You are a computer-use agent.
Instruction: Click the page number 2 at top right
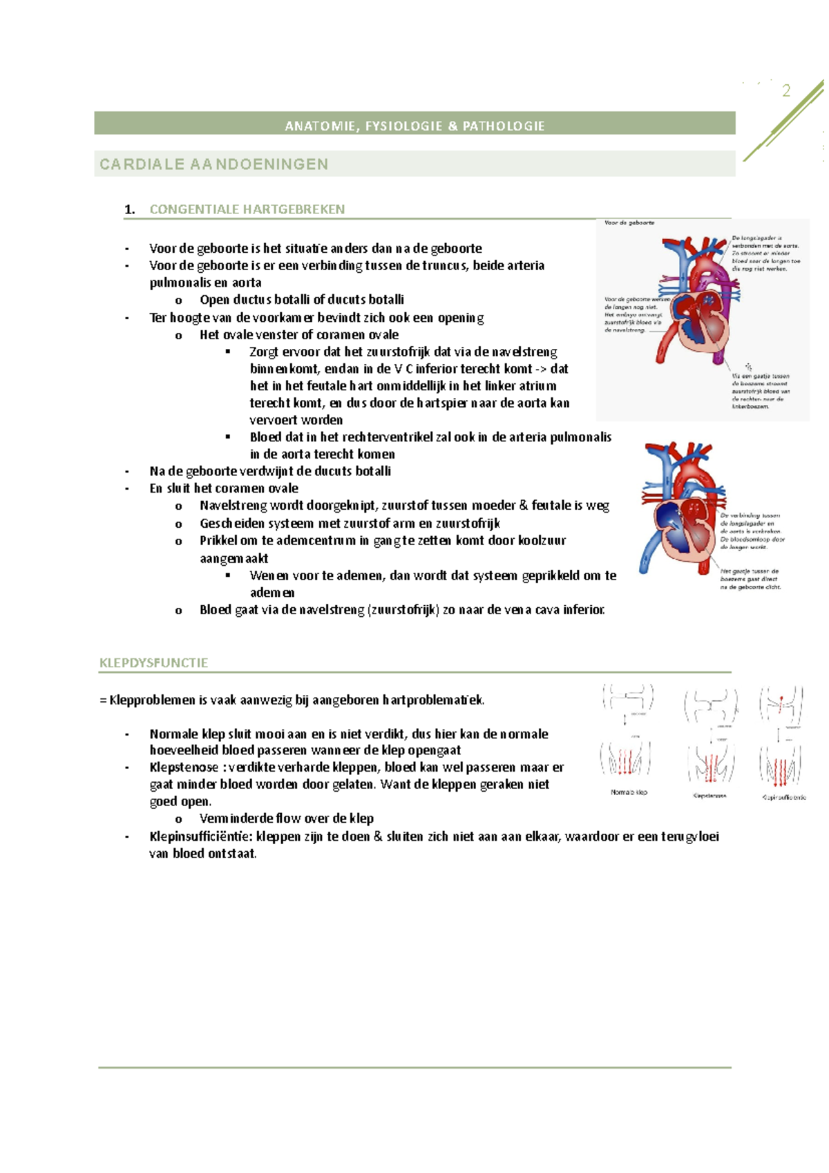pyautogui.click(x=786, y=90)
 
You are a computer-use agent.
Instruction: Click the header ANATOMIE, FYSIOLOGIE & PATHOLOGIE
pyautogui.click(x=414, y=126)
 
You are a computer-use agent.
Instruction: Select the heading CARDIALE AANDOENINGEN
pyautogui.click(x=213, y=164)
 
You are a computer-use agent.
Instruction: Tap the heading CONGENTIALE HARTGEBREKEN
pyautogui.click(x=247, y=209)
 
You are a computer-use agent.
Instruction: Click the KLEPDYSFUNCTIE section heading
pyautogui.click(x=153, y=662)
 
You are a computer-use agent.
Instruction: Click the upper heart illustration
pyautogui.click(x=698, y=304)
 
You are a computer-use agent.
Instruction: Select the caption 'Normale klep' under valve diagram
pyautogui.click(x=629, y=792)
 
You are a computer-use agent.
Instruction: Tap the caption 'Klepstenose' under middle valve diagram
pyautogui.click(x=709, y=796)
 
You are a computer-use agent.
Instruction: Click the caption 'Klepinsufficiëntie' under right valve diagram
pyautogui.click(x=783, y=797)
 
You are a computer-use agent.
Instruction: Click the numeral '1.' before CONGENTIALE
pyautogui.click(x=129, y=210)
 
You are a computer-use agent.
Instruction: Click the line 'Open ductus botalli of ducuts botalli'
pyautogui.click(x=301, y=300)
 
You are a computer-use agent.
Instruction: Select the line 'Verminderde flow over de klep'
pyautogui.click(x=286, y=819)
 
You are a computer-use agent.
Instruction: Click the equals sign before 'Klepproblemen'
pyautogui.click(x=103, y=700)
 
